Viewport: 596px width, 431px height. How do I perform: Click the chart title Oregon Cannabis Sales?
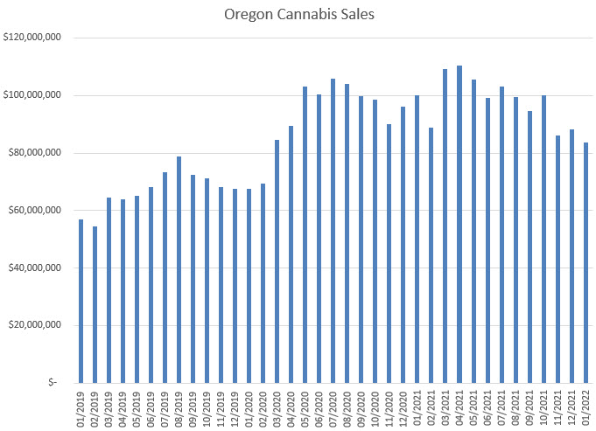(x=298, y=14)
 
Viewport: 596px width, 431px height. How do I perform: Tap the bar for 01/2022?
(x=585, y=262)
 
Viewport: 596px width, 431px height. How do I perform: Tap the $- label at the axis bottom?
(x=54, y=382)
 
